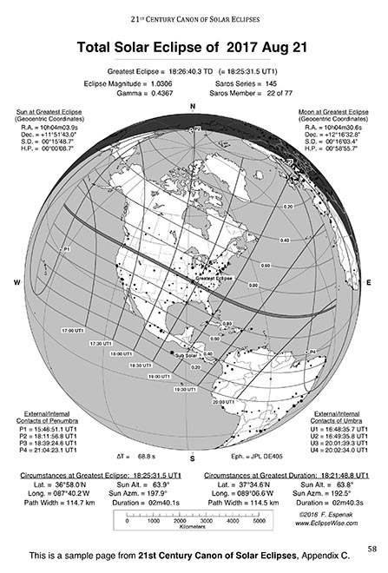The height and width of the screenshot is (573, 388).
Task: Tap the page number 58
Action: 372,548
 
